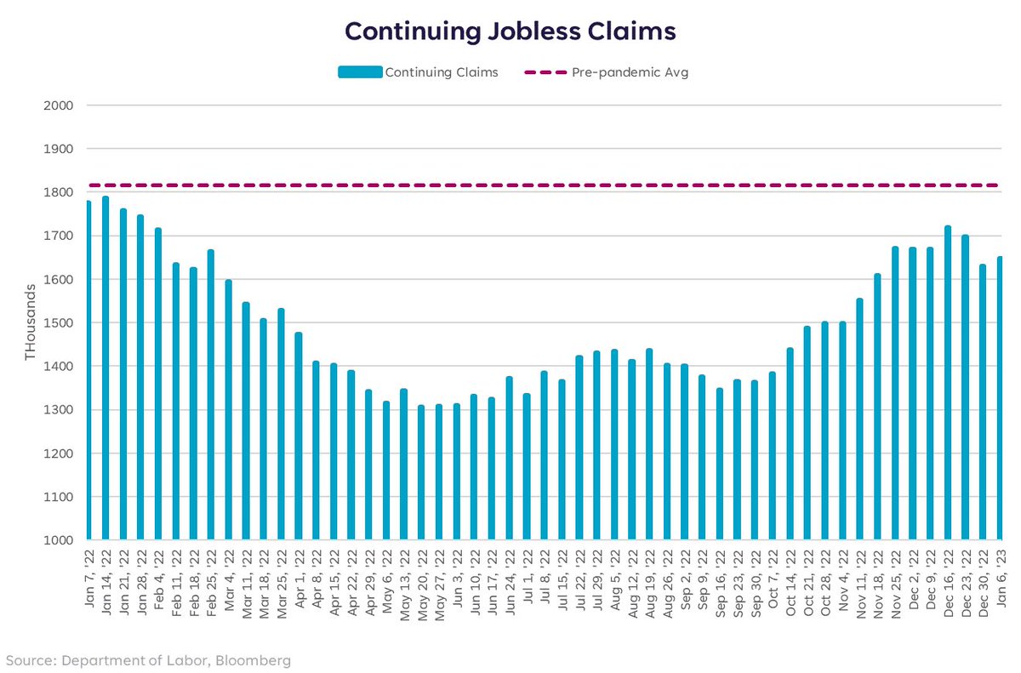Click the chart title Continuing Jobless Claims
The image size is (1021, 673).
(x=510, y=31)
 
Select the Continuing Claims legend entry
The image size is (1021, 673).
(x=441, y=72)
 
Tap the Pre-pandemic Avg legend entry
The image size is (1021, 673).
(x=630, y=72)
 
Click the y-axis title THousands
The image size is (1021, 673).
(x=31, y=322)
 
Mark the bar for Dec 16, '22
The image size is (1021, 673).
(x=947, y=383)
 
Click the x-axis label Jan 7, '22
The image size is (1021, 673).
(x=88, y=574)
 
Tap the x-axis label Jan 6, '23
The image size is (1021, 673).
(x=1000, y=574)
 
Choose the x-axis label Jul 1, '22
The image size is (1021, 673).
(x=527, y=574)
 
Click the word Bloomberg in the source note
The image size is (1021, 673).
(x=254, y=659)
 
